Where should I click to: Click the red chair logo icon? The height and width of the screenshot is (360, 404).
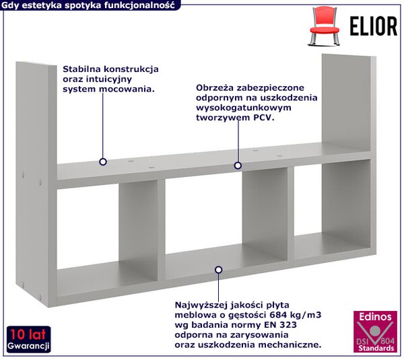click(x=324, y=26)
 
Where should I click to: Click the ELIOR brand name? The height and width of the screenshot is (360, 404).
click(x=374, y=26)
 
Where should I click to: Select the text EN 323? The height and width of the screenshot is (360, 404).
click(x=280, y=325)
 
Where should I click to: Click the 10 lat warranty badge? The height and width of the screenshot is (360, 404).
click(x=28, y=340)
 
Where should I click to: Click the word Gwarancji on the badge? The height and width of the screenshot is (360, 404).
click(x=28, y=346)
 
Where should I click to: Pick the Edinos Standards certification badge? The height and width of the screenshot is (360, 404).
click(x=375, y=332)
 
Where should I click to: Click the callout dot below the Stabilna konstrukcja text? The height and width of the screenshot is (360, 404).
click(x=103, y=162)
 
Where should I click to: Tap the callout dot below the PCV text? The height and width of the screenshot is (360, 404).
click(x=238, y=166)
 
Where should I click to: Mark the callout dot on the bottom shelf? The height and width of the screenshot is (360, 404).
click(x=218, y=270)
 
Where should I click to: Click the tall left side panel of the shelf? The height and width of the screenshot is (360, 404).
click(x=36, y=184)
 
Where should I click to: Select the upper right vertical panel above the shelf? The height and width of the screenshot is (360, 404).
click(x=349, y=104)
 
